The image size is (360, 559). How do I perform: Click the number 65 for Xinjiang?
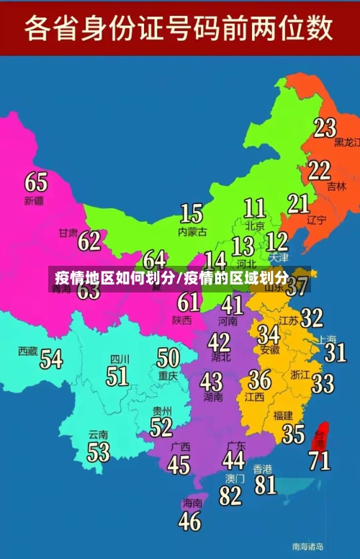click(36, 181)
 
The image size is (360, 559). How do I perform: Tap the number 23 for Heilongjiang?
click(325, 128)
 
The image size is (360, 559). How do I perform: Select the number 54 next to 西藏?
click(51, 358)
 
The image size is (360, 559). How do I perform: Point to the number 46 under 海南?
click(189, 521)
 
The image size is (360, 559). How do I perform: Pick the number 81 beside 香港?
click(265, 484)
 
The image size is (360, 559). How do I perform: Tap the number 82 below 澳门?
click(231, 496)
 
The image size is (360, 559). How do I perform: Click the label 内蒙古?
click(192, 232)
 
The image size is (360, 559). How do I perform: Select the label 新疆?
click(34, 200)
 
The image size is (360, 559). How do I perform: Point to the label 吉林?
click(336, 186)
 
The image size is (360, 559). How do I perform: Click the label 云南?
click(98, 435)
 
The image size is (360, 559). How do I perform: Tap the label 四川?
click(120, 359)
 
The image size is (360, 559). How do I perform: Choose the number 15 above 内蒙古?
click(191, 213)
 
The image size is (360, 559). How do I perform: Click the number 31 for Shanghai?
click(335, 352)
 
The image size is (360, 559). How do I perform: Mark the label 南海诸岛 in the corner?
click(307, 546)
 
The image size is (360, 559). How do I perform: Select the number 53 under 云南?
click(99, 452)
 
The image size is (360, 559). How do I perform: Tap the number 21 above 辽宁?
click(298, 204)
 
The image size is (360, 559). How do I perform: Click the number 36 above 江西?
click(259, 379)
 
